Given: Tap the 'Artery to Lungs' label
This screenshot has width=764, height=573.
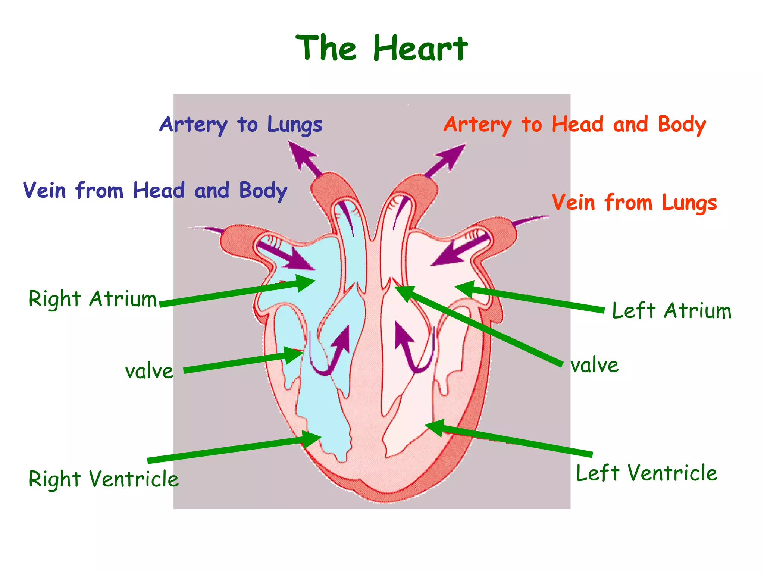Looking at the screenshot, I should (241, 125).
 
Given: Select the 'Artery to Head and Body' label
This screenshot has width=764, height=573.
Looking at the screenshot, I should (574, 125).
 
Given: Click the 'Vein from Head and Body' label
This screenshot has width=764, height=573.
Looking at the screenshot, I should (155, 191).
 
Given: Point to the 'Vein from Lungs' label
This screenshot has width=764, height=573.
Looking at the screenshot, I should (634, 203).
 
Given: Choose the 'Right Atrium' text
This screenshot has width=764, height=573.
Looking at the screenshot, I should (93, 299).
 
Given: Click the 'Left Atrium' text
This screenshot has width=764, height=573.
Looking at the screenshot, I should (671, 311).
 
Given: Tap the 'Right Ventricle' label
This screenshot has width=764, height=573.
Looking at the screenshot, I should (104, 479).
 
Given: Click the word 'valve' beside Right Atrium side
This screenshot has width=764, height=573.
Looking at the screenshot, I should (149, 372).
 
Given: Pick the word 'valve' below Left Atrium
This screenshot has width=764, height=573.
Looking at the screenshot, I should (595, 365).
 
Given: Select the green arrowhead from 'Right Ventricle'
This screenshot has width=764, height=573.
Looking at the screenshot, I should (311, 439).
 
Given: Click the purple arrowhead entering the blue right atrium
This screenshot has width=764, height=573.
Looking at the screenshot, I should (300, 262).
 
